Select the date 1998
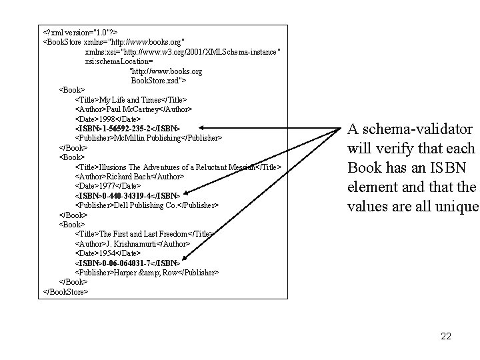pos(109,118)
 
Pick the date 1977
pos(109,185)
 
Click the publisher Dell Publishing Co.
pos(145,205)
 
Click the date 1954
pos(109,253)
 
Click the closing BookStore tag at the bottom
pos(66,291)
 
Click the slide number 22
pos(446,336)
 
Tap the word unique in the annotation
pos(457,206)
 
